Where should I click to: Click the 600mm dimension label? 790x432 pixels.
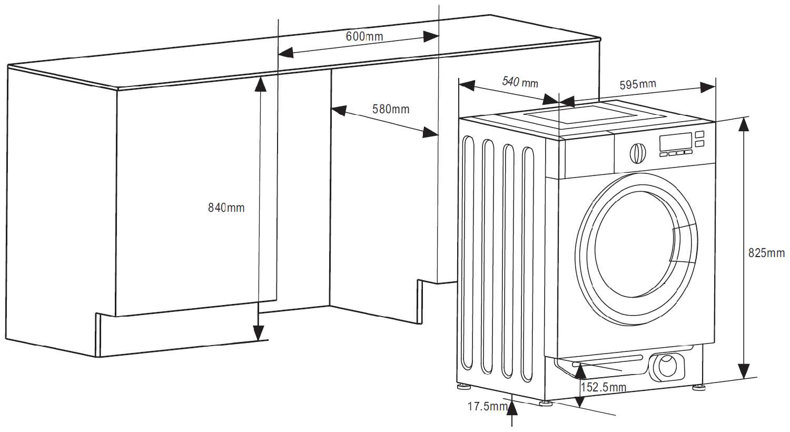click(x=364, y=36)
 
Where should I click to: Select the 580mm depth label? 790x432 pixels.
click(x=391, y=109)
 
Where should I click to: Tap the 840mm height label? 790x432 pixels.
click(x=226, y=208)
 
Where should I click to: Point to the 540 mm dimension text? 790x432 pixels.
click(x=520, y=82)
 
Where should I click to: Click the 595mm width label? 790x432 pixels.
click(x=638, y=84)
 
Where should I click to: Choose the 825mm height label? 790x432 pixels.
click(x=766, y=253)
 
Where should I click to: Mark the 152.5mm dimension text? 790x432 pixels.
click(x=604, y=388)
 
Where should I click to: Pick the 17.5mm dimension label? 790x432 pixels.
click(x=488, y=406)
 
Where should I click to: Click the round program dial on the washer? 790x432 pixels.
click(x=638, y=152)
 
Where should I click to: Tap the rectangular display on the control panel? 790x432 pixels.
click(x=676, y=141)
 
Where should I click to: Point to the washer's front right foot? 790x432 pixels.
click(x=699, y=388)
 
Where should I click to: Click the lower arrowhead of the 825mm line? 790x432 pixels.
click(x=743, y=371)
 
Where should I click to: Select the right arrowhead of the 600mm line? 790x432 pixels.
click(x=431, y=36)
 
